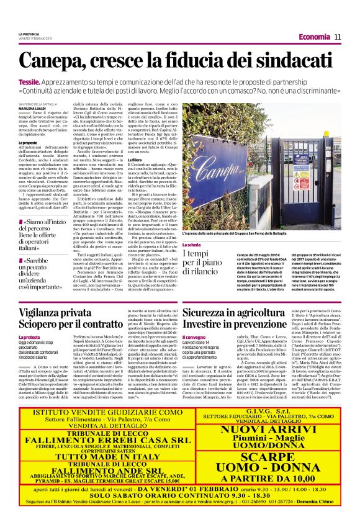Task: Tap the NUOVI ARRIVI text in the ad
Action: tap(268, 428)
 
